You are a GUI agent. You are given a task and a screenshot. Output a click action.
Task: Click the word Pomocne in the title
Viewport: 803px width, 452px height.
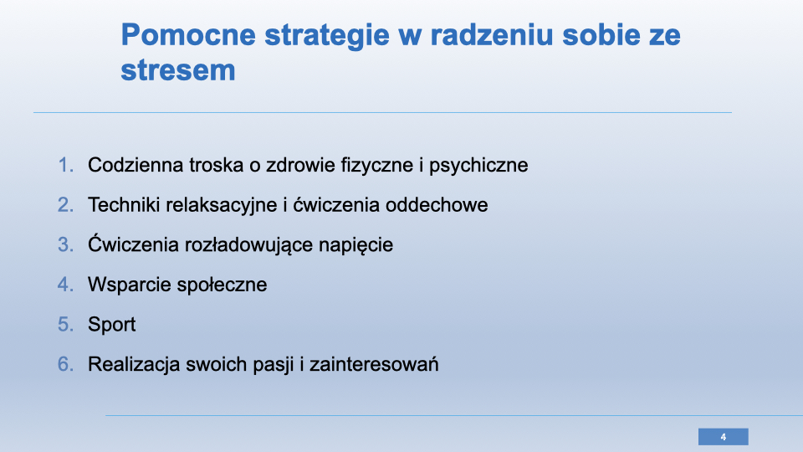click(188, 35)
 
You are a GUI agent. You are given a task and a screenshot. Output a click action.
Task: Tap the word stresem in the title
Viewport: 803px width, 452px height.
click(178, 70)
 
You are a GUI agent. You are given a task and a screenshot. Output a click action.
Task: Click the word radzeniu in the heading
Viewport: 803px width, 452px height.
click(492, 35)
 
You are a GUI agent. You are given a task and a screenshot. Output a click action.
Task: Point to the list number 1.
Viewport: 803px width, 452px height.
click(65, 165)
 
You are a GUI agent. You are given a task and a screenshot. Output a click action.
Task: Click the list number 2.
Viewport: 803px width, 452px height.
click(65, 205)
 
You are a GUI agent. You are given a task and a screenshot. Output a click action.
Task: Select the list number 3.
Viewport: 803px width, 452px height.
click(65, 244)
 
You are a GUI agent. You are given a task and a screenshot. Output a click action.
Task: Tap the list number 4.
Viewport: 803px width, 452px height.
click(65, 285)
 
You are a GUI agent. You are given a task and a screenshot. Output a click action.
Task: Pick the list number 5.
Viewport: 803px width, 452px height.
click(65, 325)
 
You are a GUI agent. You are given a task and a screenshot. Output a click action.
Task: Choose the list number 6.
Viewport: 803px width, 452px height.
click(65, 364)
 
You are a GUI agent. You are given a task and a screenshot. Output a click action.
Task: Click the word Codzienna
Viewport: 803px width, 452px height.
click(136, 165)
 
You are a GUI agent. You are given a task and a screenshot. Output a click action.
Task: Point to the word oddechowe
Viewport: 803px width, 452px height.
click(437, 205)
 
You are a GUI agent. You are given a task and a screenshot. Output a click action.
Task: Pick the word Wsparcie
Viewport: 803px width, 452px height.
click(128, 285)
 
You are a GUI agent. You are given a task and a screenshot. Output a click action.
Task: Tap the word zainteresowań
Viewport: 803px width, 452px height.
click(374, 364)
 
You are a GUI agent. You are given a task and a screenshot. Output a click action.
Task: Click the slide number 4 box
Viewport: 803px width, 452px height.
click(723, 437)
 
